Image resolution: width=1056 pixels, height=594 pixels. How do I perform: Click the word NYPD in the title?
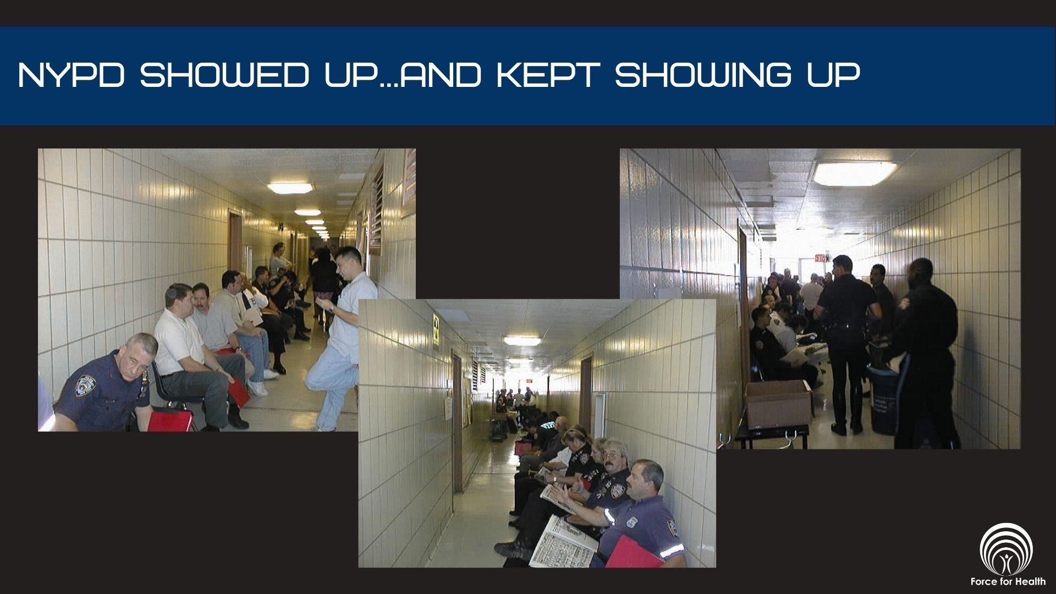pos(71,75)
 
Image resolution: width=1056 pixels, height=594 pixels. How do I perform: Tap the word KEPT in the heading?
pos(548,75)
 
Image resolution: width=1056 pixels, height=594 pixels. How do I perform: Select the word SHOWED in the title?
pos(224,75)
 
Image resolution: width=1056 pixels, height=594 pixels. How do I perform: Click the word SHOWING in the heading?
pos(703,75)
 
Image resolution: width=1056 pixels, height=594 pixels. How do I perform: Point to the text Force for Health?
pos(1008,581)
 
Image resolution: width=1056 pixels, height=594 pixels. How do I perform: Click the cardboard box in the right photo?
pos(778,404)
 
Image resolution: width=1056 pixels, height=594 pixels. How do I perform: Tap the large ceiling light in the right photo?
pos(854,173)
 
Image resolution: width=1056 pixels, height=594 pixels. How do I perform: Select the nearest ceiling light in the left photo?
pos(289,188)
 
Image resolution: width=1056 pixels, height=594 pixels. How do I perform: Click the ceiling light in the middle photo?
pos(522,341)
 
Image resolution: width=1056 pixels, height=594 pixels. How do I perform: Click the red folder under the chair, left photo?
pos(170,421)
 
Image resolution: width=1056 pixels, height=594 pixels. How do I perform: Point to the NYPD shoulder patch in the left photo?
pos(86,385)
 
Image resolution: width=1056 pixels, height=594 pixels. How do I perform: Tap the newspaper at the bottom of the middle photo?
pos(562,541)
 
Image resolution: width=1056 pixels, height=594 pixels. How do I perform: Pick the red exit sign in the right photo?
pos(820,257)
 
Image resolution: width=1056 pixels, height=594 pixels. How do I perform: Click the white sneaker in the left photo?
pos(257,388)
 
